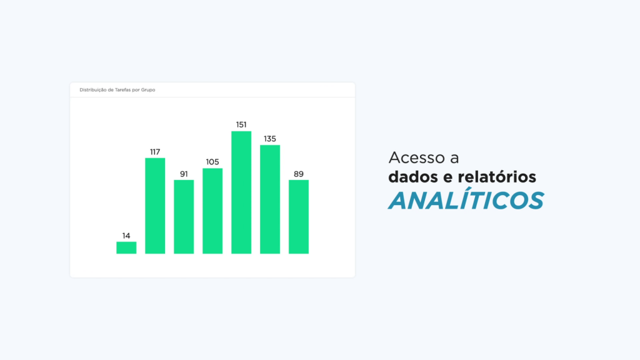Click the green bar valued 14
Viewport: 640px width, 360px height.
pyautogui.click(x=126, y=247)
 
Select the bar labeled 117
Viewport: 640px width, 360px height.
pyautogui.click(x=155, y=206)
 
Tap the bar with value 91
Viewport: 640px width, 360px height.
pyautogui.click(x=184, y=217)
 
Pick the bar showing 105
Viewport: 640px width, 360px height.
pyautogui.click(x=212, y=211)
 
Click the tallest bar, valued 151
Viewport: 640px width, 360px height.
pyautogui.click(x=241, y=192)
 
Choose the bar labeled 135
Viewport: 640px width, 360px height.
pyautogui.click(x=270, y=199)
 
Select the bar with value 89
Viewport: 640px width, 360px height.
pyautogui.click(x=299, y=217)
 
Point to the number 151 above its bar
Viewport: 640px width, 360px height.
pyautogui.click(x=241, y=124)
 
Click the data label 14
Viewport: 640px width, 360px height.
pyautogui.click(x=126, y=236)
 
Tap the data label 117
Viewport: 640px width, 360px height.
pyautogui.click(x=155, y=152)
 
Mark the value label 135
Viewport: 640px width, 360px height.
pyautogui.click(x=270, y=139)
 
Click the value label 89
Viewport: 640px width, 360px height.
pyautogui.click(x=299, y=174)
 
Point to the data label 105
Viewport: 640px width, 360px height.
pyautogui.click(x=212, y=162)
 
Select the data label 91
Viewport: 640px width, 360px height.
pyautogui.click(x=184, y=174)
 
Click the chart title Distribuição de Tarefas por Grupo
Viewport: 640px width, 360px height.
pyautogui.click(x=117, y=90)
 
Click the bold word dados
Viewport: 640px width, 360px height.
pyautogui.click(x=412, y=177)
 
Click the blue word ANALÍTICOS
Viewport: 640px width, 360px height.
pyautogui.click(x=466, y=199)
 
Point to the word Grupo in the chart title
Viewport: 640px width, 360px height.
pyautogui.click(x=148, y=90)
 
